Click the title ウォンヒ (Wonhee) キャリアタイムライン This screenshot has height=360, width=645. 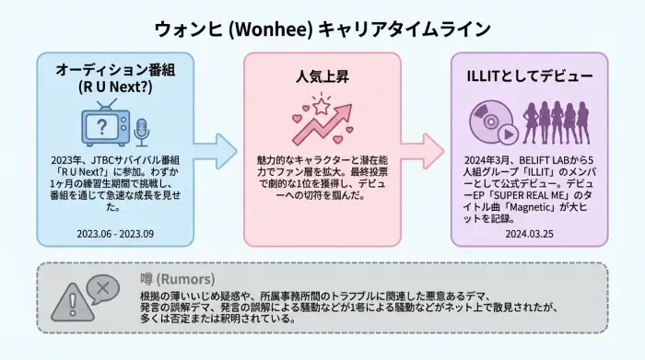coord(322,29)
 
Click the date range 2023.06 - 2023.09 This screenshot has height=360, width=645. coord(116,233)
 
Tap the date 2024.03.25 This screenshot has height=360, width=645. coord(529,233)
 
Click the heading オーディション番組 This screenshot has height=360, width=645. coord(116,69)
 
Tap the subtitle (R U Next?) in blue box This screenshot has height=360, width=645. coord(116,88)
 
